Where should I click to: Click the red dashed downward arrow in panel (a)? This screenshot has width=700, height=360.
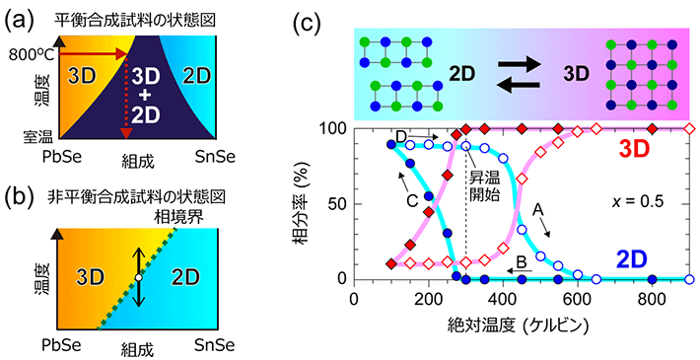[125, 99]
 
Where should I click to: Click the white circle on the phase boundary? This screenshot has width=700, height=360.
[140, 278]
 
